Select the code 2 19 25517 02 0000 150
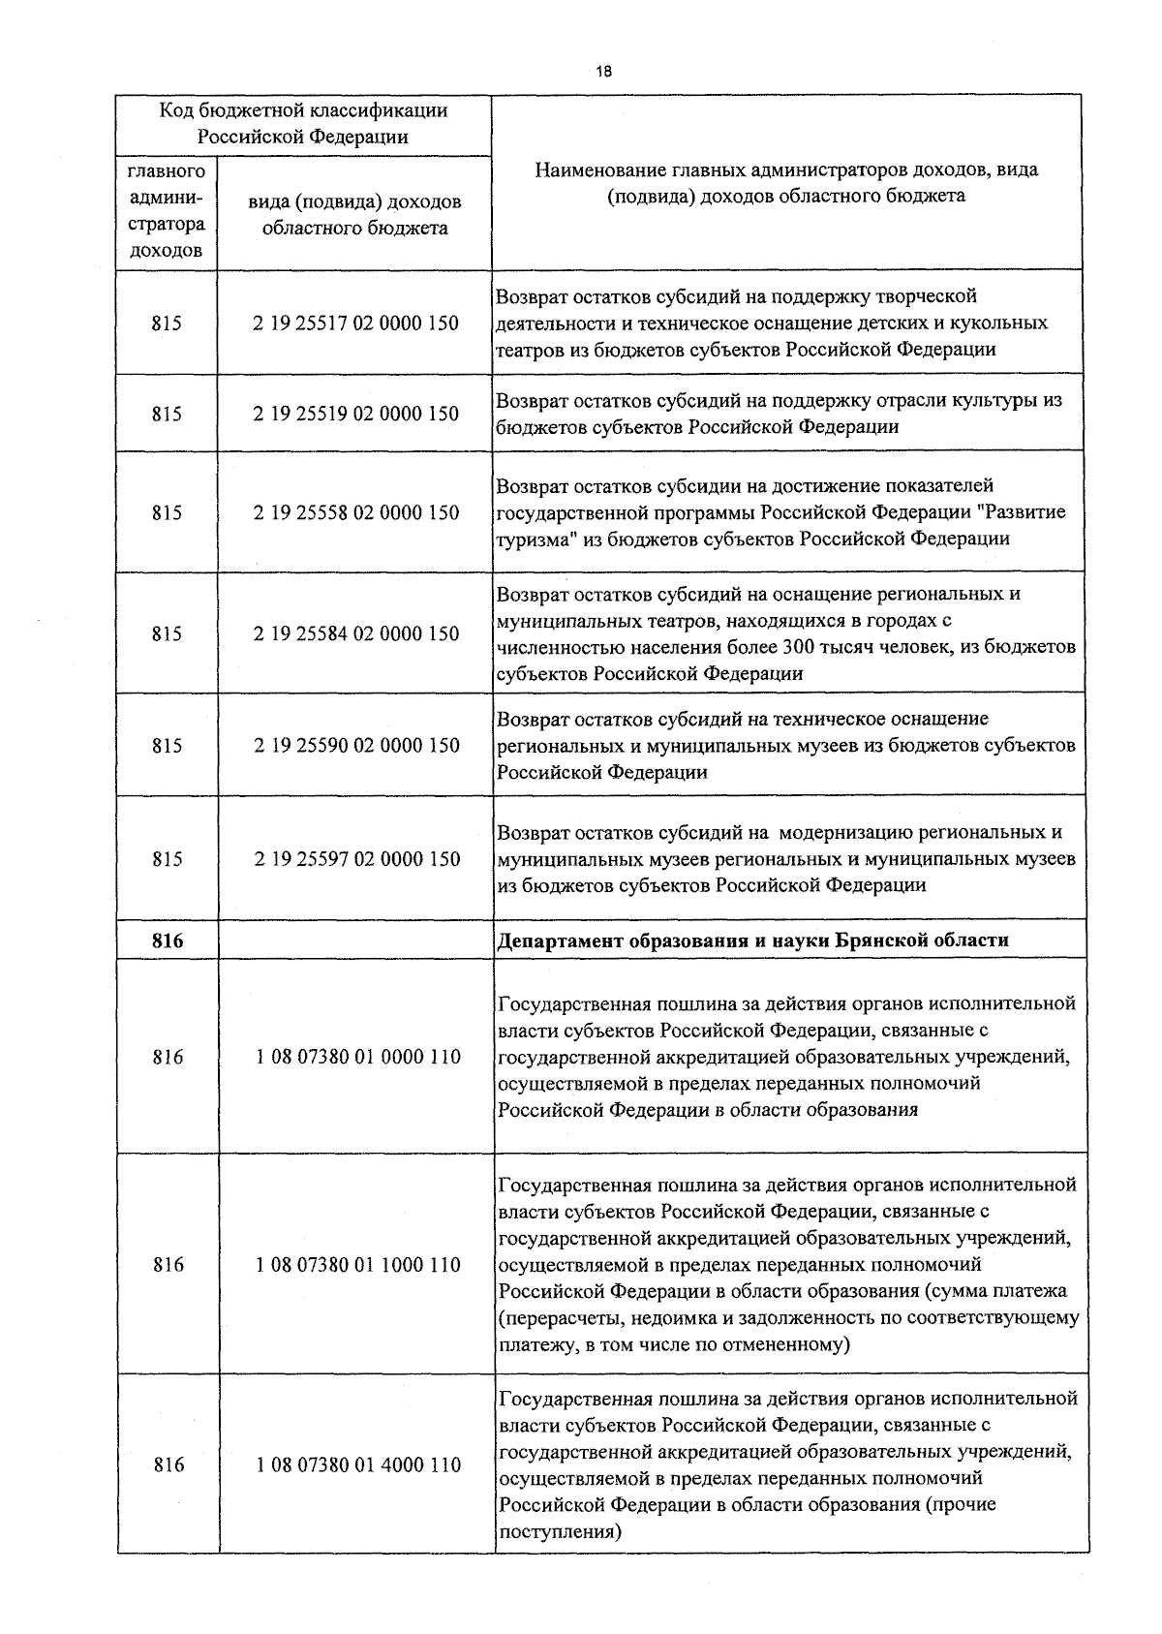tap(356, 324)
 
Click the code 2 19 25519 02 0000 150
tap(356, 414)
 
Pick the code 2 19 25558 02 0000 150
tap(356, 512)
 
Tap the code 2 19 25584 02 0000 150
tap(356, 633)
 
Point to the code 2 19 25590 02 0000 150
tap(356, 746)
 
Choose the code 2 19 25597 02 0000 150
tap(356, 859)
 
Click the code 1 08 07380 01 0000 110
tap(358, 1057)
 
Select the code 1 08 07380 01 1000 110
tap(358, 1264)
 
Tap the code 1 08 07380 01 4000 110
tap(358, 1464)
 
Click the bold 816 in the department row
tap(168, 940)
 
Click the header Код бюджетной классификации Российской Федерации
tap(303, 123)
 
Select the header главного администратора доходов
tap(167, 211)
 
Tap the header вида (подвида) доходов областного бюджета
tap(354, 215)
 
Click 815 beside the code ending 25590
tap(167, 746)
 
